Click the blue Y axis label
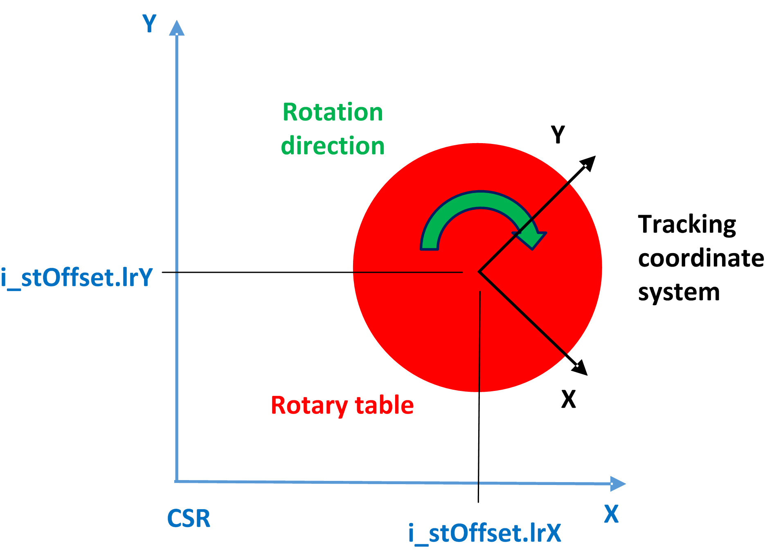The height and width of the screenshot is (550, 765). [x=149, y=23]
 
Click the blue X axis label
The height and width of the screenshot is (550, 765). [x=611, y=514]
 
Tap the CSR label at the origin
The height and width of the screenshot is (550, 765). [x=189, y=518]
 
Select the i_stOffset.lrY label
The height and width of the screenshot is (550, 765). [x=76, y=278]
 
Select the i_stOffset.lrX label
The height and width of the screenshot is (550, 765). [x=485, y=533]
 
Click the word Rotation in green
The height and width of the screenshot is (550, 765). [x=333, y=112]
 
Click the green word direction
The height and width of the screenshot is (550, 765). [x=333, y=146]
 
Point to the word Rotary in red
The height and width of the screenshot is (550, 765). [x=309, y=405]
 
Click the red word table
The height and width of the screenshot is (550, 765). [x=384, y=405]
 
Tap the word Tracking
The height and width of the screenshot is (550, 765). [x=687, y=224]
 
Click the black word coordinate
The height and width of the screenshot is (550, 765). [x=700, y=258]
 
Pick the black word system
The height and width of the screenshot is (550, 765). [x=679, y=292]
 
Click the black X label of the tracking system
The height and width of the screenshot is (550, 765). [x=568, y=399]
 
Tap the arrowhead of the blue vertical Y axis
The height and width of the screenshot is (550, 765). [x=177, y=28]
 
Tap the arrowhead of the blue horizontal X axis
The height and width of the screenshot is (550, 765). [x=618, y=484]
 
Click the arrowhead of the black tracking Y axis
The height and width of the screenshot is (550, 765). [x=589, y=162]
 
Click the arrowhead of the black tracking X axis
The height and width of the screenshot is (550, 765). [x=581, y=368]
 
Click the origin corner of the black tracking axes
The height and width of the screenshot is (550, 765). [x=479, y=272]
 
